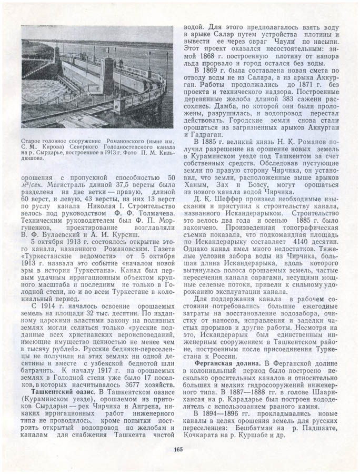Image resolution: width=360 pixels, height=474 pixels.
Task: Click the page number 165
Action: tap(177, 449)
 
